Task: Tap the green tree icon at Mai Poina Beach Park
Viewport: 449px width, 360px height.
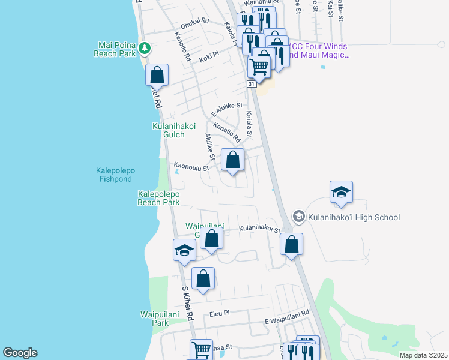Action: click(x=145, y=47)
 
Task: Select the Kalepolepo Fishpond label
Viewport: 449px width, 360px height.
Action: click(x=116, y=175)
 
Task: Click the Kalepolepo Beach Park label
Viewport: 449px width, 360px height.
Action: click(x=159, y=198)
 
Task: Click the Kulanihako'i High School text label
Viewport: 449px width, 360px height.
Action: click(x=354, y=217)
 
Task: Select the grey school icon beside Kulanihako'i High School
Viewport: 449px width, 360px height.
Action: click(x=298, y=216)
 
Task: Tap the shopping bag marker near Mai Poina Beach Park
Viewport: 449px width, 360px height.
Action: click(x=157, y=76)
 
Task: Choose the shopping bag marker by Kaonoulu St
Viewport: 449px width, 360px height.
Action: click(x=233, y=160)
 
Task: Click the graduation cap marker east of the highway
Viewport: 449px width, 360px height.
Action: click(x=341, y=193)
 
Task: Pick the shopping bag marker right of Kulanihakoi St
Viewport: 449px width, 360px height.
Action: click(x=291, y=245)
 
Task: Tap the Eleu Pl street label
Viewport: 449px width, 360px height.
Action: click(x=220, y=313)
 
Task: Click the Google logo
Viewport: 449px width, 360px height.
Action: click(x=20, y=353)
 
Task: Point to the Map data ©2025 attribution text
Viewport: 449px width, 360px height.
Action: click(x=423, y=355)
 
